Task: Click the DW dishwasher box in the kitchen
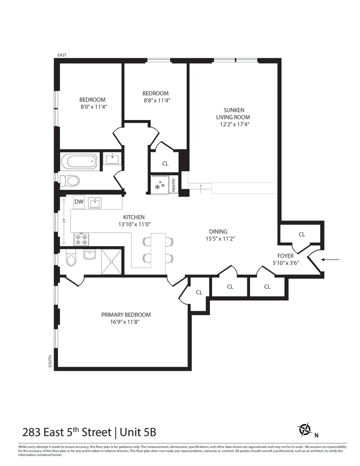(79, 202)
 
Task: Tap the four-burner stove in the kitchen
(81, 239)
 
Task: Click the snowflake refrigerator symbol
(159, 185)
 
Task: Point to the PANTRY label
(174, 185)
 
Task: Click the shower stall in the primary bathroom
(112, 262)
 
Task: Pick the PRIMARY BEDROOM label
(126, 315)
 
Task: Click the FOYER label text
(285, 256)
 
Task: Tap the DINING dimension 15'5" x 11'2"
(218, 239)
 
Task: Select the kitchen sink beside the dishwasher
(95, 203)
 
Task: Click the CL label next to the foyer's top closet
(302, 234)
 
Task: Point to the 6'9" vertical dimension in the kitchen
(64, 221)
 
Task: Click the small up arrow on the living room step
(200, 189)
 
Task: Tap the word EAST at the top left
(62, 55)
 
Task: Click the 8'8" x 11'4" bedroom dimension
(157, 101)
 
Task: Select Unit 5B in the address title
(138, 432)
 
